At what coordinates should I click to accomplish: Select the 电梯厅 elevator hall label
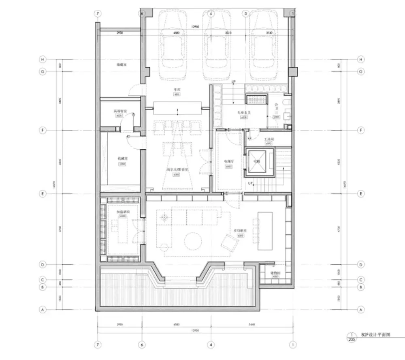(x=228, y=161)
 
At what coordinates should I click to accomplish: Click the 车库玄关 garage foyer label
(x=243, y=113)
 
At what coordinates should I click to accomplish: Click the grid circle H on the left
(x=43, y=59)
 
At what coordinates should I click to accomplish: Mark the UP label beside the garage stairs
(x=233, y=82)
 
